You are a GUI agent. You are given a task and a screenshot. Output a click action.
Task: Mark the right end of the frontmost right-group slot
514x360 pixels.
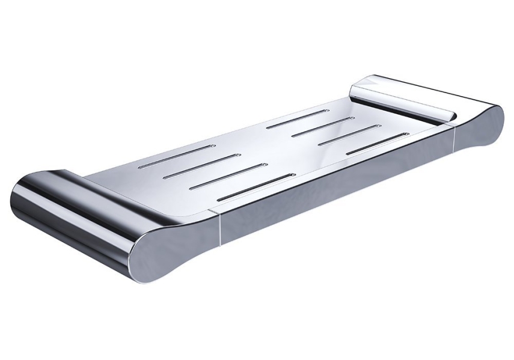pyautogui.click(x=407, y=135)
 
